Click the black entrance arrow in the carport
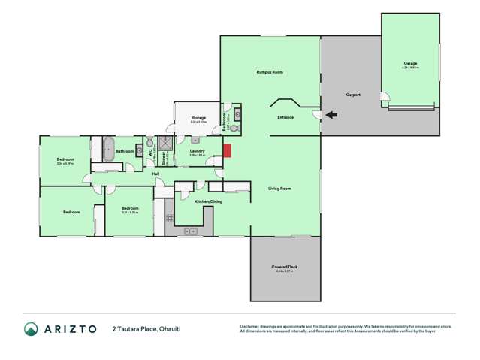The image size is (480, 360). (331, 115)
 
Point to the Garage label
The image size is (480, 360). (409, 63)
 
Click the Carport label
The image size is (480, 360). (353, 95)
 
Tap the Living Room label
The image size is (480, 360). (279, 188)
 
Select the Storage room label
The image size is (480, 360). (198, 117)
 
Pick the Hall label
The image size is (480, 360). (156, 174)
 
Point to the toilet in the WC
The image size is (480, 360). (149, 142)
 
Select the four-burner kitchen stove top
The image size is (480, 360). (170, 218)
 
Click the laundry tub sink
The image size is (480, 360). (195, 141)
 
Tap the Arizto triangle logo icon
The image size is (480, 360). (31, 328)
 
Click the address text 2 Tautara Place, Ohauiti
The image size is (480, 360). (146, 328)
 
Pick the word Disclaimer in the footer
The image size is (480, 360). (251, 326)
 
